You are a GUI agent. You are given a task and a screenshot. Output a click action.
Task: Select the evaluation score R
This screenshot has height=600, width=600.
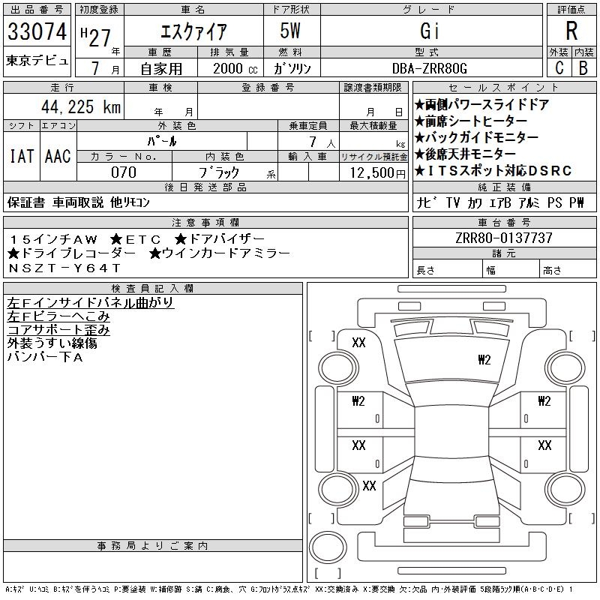[x=571, y=31]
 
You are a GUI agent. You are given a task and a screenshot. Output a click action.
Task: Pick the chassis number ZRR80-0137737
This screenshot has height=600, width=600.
[x=503, y=238]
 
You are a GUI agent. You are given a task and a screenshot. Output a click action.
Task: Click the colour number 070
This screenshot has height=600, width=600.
[x=124, y=172]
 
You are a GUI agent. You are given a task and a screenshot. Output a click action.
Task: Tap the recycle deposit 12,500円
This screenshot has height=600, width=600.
[x=373, y=172]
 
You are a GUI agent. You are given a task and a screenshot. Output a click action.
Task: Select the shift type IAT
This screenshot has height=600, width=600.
[x=21, y=156]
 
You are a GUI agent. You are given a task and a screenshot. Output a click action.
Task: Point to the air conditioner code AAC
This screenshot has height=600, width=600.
[x=58, y=156]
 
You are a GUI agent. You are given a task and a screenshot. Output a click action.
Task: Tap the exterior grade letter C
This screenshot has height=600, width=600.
[x=559, y=67]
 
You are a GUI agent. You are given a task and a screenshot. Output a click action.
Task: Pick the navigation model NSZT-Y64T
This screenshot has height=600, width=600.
[x=64, y=268]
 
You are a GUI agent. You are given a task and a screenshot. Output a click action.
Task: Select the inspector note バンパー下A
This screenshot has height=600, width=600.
[x=45, y=356]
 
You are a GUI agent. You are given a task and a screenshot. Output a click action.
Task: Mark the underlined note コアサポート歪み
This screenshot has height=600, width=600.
[x=58, y=329]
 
